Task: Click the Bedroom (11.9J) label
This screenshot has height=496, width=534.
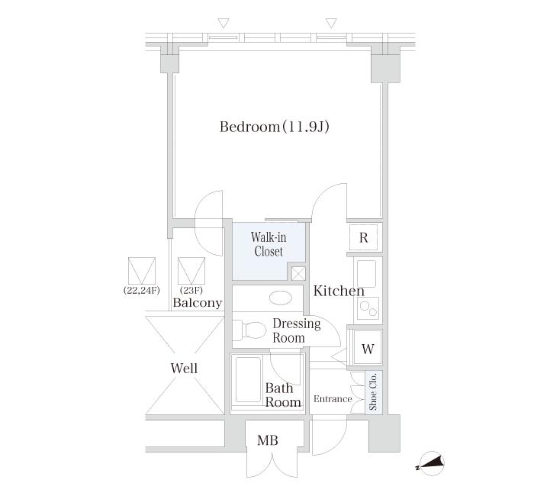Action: pos(274,127)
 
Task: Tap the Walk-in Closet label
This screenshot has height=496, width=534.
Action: pos(269,244)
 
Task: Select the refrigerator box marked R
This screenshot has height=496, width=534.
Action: pos(363,237)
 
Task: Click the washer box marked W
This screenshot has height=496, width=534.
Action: pos(368,348)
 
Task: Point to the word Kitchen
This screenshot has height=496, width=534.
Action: pos(339,291)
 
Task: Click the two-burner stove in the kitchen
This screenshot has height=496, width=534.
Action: pos(368,308)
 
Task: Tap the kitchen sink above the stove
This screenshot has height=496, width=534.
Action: pos(366,275)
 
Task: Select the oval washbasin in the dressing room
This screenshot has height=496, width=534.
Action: pos(280,298)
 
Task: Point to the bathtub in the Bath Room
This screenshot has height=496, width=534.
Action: pos(248,379)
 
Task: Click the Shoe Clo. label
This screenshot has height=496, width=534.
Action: pos(373,391)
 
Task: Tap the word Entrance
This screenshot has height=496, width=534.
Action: pos(333,399)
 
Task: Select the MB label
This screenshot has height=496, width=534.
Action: pos(268,440)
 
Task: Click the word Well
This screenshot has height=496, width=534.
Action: pos(184,369)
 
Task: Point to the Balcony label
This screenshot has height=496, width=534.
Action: pos(198,303)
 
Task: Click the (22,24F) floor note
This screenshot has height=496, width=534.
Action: pos(142,291)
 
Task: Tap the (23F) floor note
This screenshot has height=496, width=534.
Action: pos(191,291)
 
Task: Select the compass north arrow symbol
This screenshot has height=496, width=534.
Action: pos(431,464)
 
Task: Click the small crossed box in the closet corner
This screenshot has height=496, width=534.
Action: pos(299,273)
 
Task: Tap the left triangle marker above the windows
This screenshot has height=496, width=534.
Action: pos(224,23)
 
